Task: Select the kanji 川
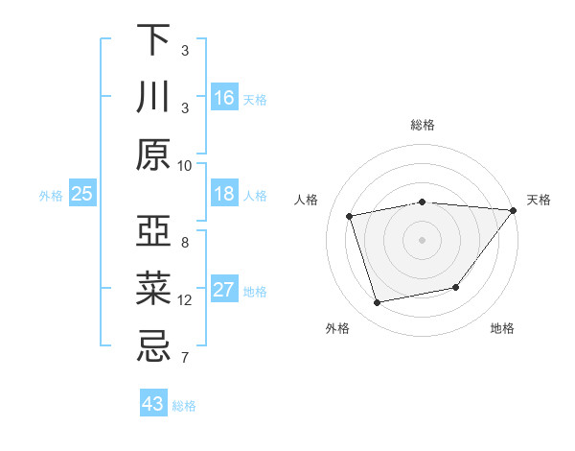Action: (x=153, y=97)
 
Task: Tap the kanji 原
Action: (x=153, y=154)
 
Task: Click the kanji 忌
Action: (x=153, y=346)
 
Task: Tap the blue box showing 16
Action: (x=224, y=97)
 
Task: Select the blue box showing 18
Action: (x=224, y=194)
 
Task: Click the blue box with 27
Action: (x=224, y=290)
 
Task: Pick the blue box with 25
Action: (x=81, y=194)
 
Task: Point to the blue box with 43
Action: (x=153, y=404)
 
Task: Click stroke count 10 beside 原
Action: (x=185, y=165)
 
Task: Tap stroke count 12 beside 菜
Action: (x=185, y=300)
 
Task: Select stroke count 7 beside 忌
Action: (x=185, y=359)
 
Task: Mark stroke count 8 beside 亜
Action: (x=185, y=243)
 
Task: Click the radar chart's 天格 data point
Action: (x=513, y=210)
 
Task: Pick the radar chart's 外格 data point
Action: (x=378, y=303)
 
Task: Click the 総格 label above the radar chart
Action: (x=422, y=125)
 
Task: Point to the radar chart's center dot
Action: (x=422, y=239)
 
